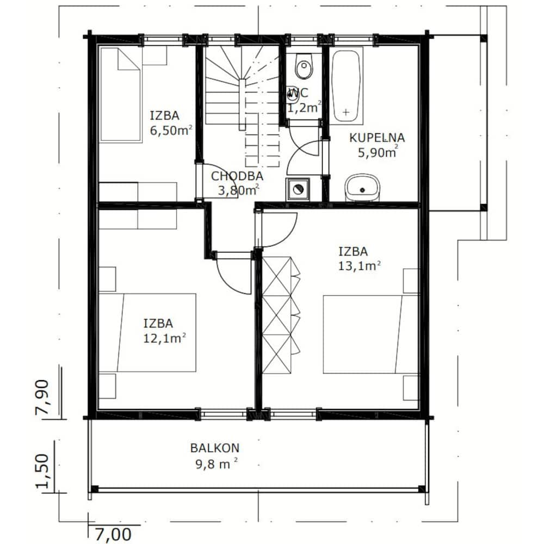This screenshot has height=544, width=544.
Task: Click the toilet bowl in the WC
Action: (x=304, y=66)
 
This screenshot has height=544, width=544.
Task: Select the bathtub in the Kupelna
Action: (x=345, y=85)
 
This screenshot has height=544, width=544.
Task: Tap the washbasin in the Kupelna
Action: (x=362, y=187)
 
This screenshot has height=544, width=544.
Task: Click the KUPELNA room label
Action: (x=377, y=138)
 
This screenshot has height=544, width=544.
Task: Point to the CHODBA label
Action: (x=237, y=176)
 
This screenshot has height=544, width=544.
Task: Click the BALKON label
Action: (x=215, y=448)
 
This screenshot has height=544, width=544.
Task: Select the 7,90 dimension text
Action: (x=42, y=397)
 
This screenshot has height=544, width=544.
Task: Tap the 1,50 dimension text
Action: (x=42, y=471)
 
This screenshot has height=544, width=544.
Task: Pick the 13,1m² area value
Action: (x=360, y=266)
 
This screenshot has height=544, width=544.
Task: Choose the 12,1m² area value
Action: (x=164, y=338)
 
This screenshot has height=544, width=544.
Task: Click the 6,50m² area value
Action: (x=171, y=131)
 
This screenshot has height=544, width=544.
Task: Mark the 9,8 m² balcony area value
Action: (x=217, y=464)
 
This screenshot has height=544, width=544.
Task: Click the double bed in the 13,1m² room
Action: (x=370, y=335)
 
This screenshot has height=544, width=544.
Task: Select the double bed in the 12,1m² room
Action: (x=147, y=333)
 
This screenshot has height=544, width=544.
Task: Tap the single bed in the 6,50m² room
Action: (x=121, y=95)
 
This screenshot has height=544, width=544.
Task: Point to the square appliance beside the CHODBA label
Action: (x=298, y=189)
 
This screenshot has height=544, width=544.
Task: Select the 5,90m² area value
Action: (x=378, y=152)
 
